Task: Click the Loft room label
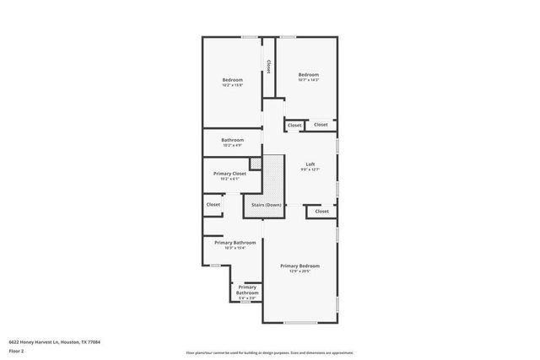coord(310,164)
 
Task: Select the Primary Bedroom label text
coord(300,266)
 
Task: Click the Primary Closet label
coord(229,174)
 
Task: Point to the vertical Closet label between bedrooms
coord(268,66)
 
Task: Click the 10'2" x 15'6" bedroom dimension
coord(232,85)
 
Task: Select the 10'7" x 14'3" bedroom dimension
coord(308,80)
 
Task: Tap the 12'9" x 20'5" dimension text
coord(300,271)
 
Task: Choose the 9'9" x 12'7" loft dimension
coord(310,170)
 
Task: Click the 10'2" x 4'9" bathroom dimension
coord(233,145)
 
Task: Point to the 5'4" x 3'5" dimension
coord(247,298)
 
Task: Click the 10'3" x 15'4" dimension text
coord(229,248)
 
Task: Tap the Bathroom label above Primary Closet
coord(233,139)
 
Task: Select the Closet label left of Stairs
coord(213,204)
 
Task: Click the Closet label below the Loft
coord(321,211)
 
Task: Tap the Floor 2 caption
coord(16,350)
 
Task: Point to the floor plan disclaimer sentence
coord(269,352)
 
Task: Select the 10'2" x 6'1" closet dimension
coord(229,179)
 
